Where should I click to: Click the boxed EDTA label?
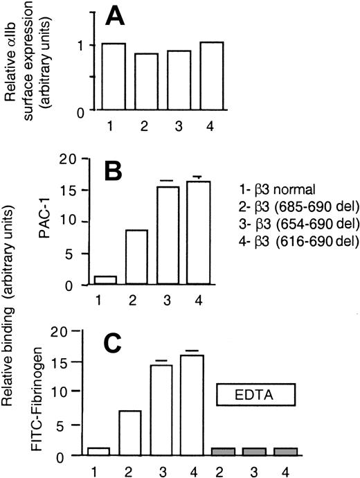256,396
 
